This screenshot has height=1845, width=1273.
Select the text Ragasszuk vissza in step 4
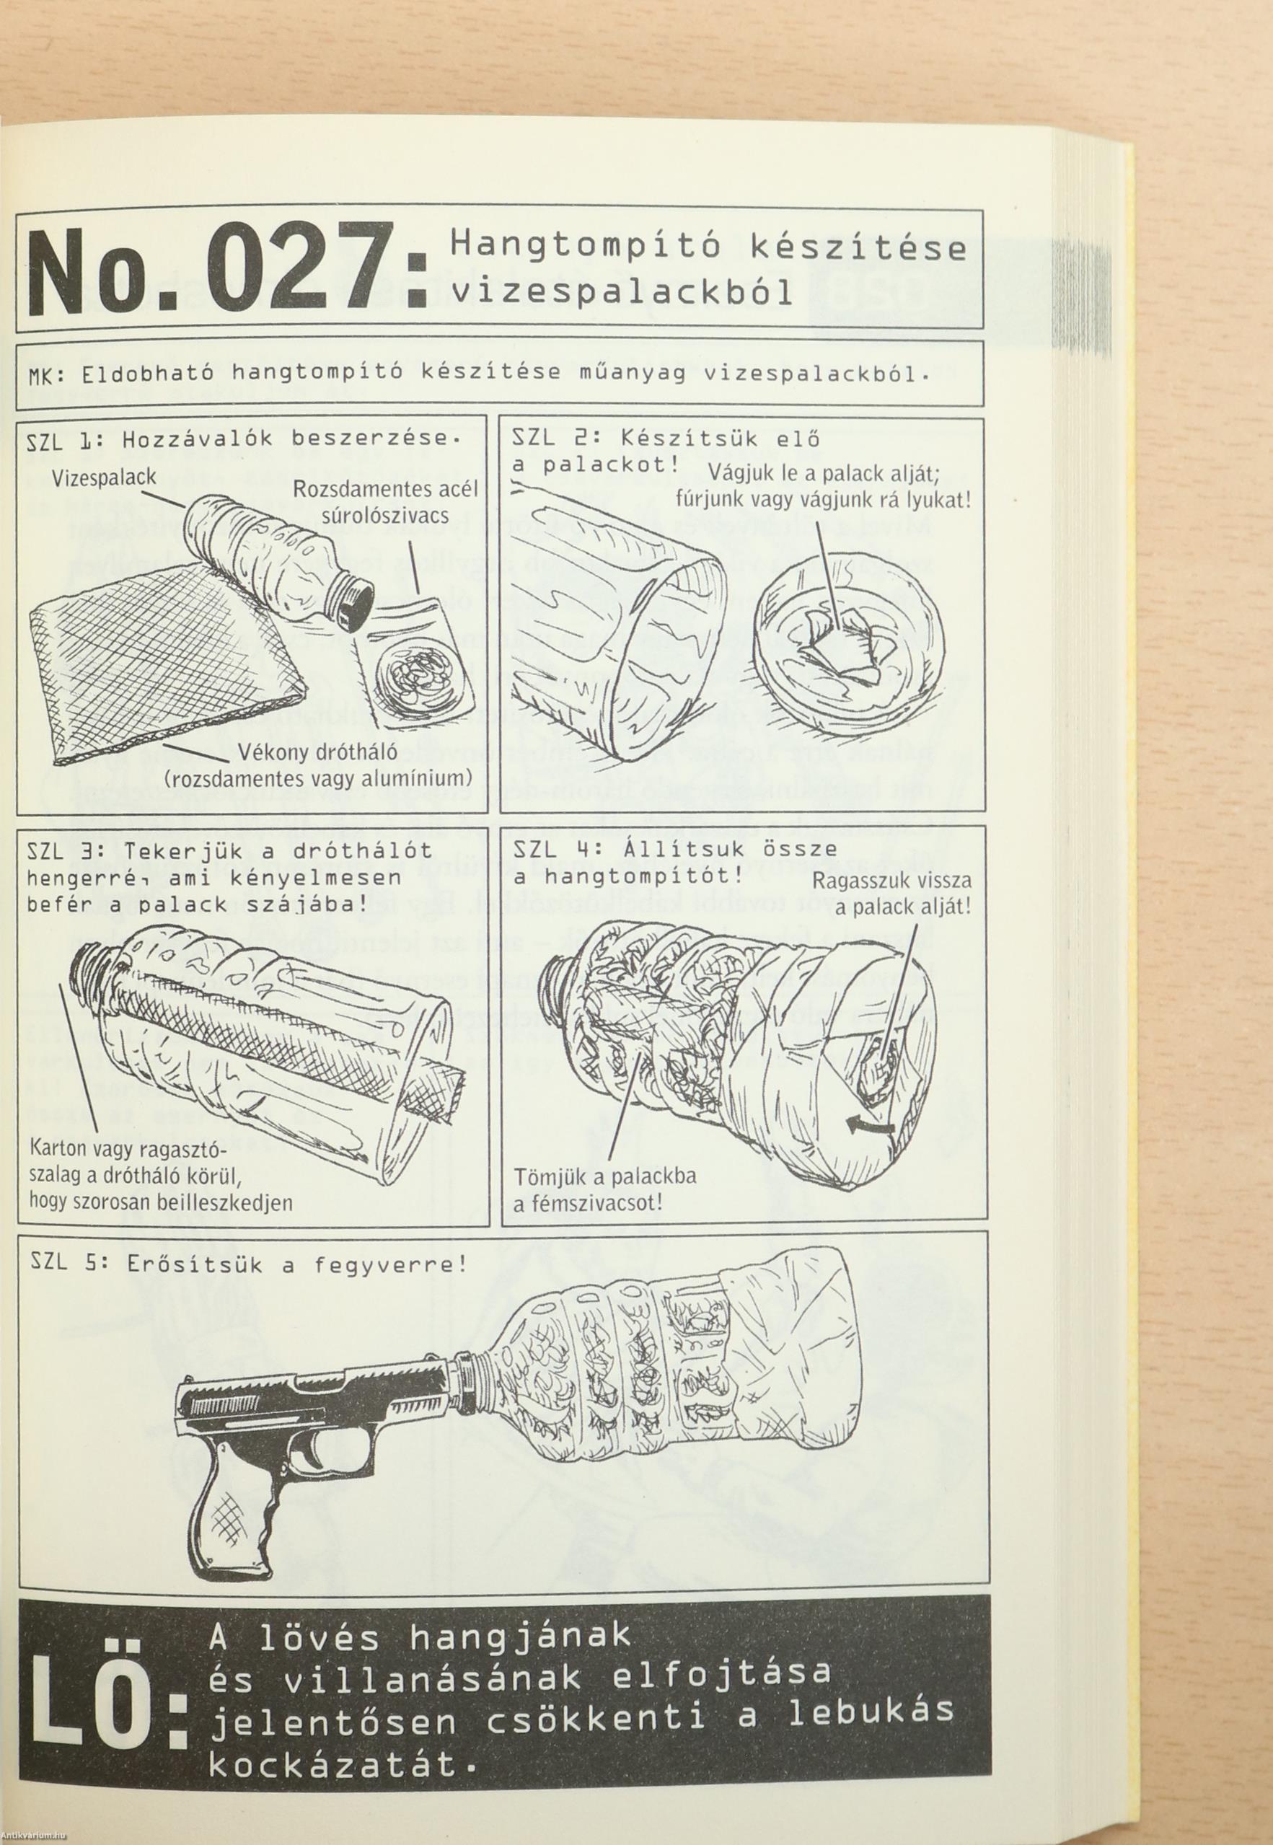click(890, 881)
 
